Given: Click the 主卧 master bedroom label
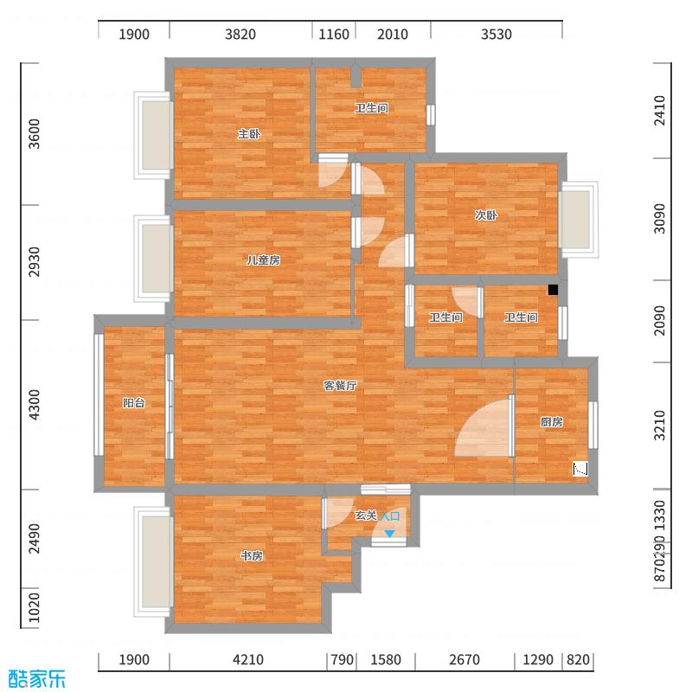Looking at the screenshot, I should [x=249, y=134].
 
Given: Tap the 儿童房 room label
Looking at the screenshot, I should [x=262, y=259].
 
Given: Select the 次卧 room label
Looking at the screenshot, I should [x=485, y=216].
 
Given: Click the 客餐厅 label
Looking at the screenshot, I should [x=341, y=387].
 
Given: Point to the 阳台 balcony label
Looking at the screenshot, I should [x=133, y=402].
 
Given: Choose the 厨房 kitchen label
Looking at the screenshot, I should [x=552, y=422].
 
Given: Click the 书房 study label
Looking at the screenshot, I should [x=252, y=556].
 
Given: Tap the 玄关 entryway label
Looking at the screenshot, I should [x=366, y=516].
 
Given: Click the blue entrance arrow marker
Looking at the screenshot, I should [x=390, y=534].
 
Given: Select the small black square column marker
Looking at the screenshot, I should [x=553, y=291].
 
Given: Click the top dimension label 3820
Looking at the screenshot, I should [x=240, y=35].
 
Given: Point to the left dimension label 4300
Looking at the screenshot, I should [x=35, y=405].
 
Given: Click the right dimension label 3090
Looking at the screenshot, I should [x=660, y=218].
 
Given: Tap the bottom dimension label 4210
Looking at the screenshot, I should [x=247, y=660].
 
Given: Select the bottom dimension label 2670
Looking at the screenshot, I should [x=464, y=660].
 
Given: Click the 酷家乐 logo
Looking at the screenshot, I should [x=36, y=679].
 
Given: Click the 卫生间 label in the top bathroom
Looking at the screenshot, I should [x=371, y=109].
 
